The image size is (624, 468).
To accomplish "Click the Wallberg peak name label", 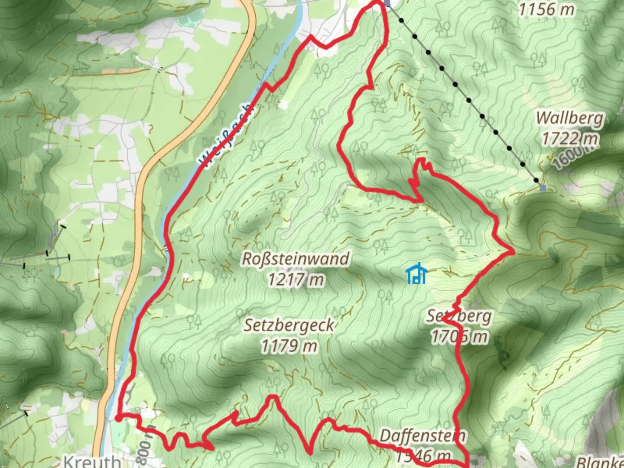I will click(569, 118).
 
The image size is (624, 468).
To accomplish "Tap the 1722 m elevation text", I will click(569, 139).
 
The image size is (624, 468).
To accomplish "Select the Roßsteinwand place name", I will click(296, 259).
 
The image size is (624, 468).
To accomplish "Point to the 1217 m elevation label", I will click(296, 279).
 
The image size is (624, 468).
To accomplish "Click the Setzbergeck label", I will click(289, 325).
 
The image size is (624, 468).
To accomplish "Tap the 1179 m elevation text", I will click(289, 346).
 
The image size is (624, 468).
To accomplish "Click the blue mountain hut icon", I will click(417, 274).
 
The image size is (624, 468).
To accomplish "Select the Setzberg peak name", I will click(459, 316).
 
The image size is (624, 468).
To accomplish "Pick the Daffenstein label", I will click(422, 435).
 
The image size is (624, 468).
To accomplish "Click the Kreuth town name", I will click(92, 461).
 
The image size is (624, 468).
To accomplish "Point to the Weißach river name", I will click(225, 135).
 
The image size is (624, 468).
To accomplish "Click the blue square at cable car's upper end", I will click(543, 188).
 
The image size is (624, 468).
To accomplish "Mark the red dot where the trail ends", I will click(118, 418).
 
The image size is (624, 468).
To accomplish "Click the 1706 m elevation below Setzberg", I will click(459, 337).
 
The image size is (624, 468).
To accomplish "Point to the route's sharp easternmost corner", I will click(513, 251).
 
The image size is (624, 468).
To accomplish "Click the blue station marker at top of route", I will click(387, 3).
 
